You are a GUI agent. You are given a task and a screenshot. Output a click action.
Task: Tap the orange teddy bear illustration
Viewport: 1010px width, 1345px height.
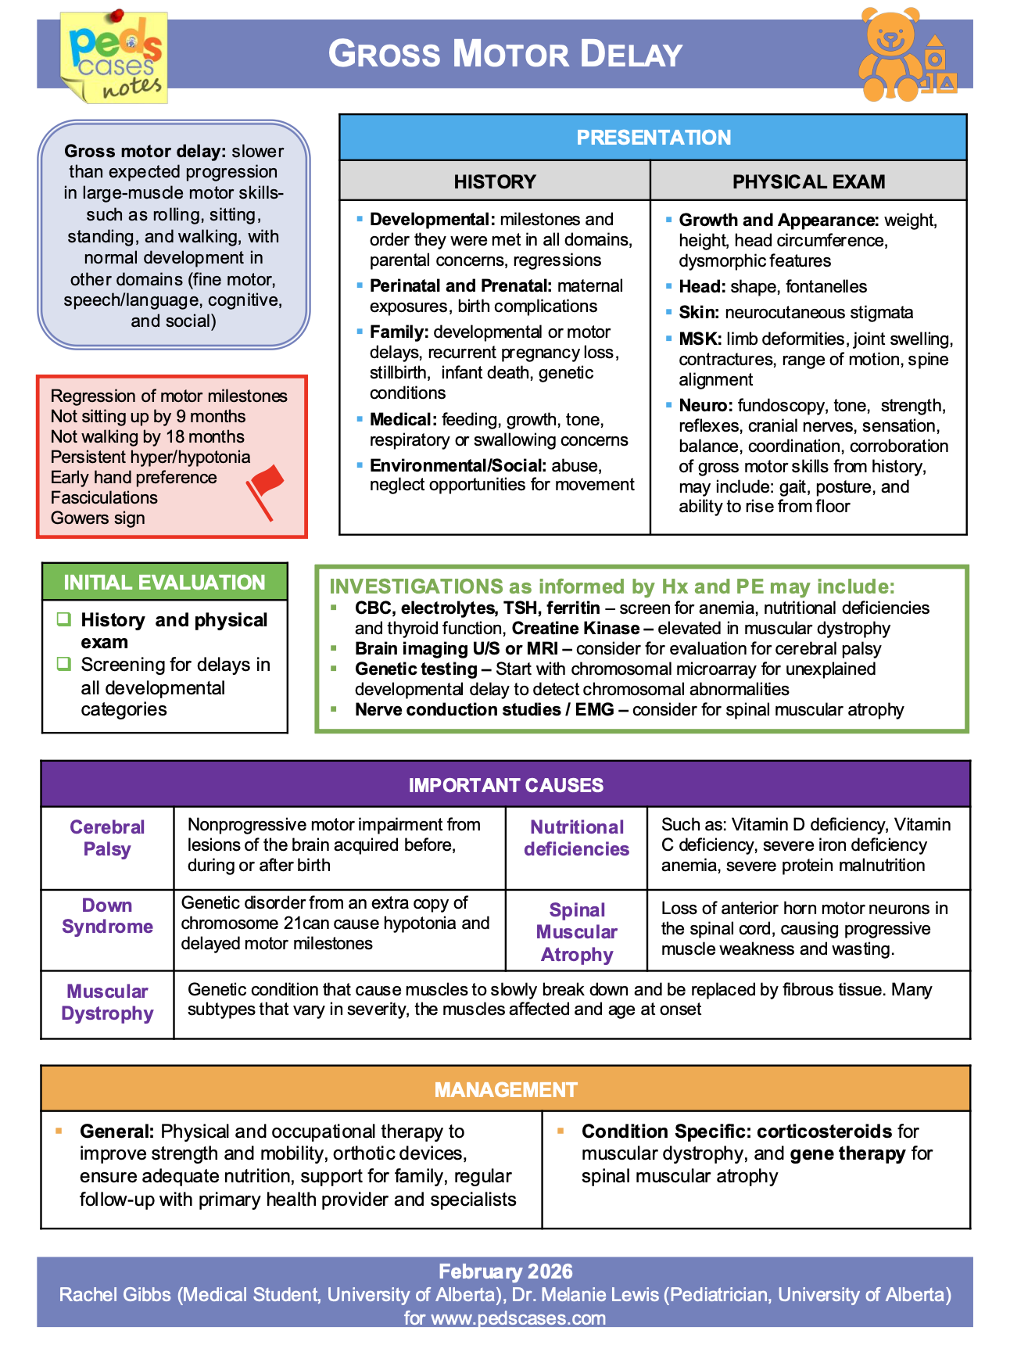pyautogui.click(x=891, y=55)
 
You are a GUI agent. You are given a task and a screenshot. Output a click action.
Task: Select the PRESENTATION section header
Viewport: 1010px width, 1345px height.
pyautogui.click(x=654, y=138)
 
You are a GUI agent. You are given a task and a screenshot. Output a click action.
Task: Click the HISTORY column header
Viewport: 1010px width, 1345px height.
pyautogui.click(x=495, y=181)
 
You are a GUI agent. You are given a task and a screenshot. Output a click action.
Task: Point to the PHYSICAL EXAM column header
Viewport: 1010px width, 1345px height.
pyautogui.click(x=808, y=181)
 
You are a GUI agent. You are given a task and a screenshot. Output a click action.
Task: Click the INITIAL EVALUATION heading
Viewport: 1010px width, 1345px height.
pyautogui.click(x=164, y=583)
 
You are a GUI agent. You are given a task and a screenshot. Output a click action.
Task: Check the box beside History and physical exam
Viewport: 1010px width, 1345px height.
pyautogui.click(x=64, y=619)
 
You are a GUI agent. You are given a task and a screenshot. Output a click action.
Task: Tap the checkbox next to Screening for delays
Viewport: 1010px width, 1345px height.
pyautogui.click(x=64, y=664)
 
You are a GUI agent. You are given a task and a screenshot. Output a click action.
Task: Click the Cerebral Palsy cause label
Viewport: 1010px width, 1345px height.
pyautogui.click(x=107, y=837)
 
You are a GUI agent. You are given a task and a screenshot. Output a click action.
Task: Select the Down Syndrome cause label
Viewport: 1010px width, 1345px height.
pyautogui.click(x=107, y=916)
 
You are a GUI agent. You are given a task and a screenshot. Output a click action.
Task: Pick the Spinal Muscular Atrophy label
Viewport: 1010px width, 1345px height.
pyautogui.click(x=577, y=931)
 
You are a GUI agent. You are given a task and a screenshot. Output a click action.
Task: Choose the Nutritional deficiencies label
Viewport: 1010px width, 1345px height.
pyautogui.click(x=576, y=837)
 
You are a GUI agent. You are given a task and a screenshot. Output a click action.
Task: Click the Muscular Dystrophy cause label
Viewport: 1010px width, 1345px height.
pyautogui.click(x=107, y=1002)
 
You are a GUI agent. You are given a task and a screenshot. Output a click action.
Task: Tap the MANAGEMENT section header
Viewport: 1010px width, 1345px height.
pyautogui.click(x=506, y=1089)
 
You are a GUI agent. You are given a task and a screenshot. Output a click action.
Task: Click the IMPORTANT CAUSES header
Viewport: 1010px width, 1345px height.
pyautogui.click(x=506, y=785)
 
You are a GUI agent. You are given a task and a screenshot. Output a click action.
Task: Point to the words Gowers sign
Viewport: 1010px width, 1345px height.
pyautogui.click(x=98, y=518)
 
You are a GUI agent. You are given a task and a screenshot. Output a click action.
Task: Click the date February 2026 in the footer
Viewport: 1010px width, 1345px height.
pyautogui.click(x=505, y=1271)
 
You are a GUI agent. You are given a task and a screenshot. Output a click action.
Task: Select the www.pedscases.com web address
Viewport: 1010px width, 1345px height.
pyautogui.click(x=518, y=1318)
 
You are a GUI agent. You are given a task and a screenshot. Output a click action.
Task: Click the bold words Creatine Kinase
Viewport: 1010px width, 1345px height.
pyautogui.click(x=575, y=628)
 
